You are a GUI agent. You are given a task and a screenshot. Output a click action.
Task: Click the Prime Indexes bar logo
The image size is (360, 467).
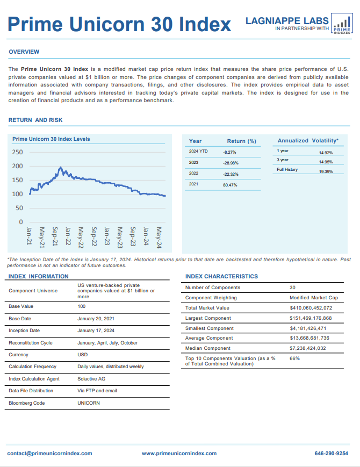click(x=342, y=24)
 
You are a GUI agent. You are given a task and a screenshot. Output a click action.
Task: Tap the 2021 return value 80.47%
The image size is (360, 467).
click(x=230, y=185)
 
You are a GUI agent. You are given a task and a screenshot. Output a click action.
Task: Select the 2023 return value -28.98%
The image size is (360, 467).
click(x=231, y=163)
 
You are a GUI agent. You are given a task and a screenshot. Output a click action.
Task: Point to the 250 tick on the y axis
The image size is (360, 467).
click(x=17, y=152)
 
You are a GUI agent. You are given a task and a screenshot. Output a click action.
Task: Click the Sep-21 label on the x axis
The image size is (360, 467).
click(x=55, y=236)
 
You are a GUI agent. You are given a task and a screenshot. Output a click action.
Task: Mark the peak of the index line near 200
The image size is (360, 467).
click(x=61, y=167)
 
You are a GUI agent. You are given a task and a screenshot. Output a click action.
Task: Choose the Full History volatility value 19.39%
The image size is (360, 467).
click(x=326, y=171)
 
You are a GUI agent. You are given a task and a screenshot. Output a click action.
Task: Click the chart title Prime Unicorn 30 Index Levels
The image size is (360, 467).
click(x=51, y=139)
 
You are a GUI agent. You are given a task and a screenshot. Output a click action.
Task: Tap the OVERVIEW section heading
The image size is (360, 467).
click(x=24, y=52)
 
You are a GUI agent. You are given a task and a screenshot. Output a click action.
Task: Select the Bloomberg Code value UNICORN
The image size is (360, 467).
click(x=89, y=403)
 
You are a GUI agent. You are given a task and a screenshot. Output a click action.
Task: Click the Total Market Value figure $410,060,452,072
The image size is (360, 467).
click(x=311, y=308)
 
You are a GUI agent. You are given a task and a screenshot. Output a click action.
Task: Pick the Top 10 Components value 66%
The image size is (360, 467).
click(x=294, y=358)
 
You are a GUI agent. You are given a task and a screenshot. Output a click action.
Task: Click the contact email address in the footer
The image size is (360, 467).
click(x=49, y=454)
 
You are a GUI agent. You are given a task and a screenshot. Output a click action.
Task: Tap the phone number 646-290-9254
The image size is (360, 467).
click(x=331, y=454)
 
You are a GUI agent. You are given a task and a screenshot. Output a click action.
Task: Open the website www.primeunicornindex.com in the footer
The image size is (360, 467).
click(x=179, y=454)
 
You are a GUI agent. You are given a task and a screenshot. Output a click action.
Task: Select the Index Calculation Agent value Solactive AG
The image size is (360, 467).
click(x=91, y=379)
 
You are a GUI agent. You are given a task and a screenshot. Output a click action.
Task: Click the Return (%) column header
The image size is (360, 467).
click(x=241, y=141)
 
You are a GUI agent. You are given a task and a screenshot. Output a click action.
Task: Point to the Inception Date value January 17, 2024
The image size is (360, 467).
click(x=96, y=331)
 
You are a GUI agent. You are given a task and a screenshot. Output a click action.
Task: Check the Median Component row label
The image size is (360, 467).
click(x=207, y=348)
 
